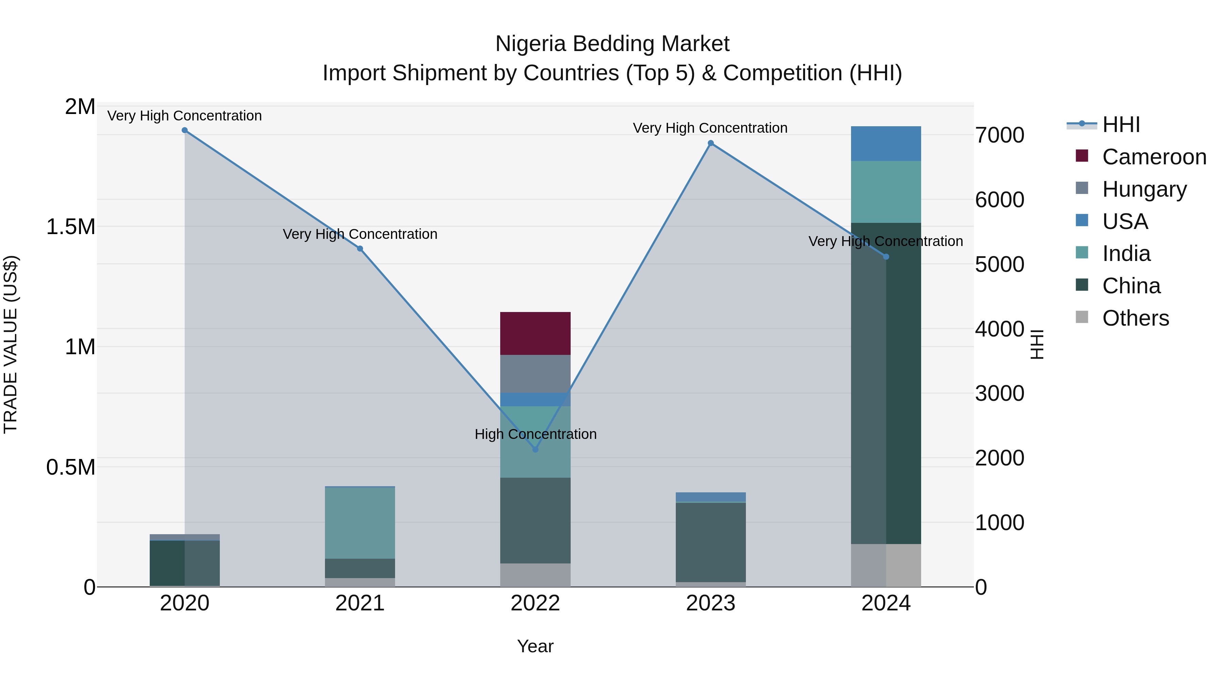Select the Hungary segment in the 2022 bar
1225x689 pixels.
[x=535, y=374]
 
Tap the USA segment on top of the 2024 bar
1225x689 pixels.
[x=885, y=144]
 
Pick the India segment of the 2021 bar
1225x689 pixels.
[x=360, y=523]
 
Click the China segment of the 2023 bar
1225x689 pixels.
[x=710, y=542]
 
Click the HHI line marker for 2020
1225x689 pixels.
[x=184, y=130]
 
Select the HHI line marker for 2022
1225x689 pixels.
[x=535, y=449]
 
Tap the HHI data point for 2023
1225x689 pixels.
[x=710, y=143]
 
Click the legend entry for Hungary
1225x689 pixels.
[x=1144, y=189]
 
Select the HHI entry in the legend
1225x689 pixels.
[x=1121, y=125]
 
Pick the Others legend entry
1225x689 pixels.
[x=1135, y=318]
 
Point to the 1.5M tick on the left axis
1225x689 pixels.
[x=70, y=227]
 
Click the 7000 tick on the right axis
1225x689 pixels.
[x=999, y=135]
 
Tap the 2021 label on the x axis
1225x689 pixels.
[x=360, y=603]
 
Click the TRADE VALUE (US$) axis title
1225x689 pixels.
[x=11, y=344]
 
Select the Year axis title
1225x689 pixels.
[x=535, y=646]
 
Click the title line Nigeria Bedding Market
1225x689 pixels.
[x=612, y=44]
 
